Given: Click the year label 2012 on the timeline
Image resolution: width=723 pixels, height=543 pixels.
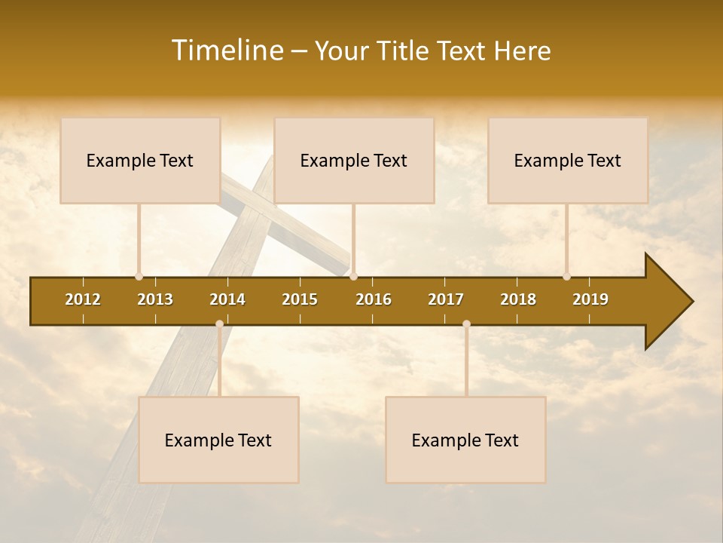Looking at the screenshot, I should pyautogui.click(x=83, y=299).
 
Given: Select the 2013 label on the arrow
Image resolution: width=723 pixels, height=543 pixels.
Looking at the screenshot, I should pyautogui.click(x=155, y=299).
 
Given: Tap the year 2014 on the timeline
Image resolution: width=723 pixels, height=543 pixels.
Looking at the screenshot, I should pyautogui.click(x=227, y=299).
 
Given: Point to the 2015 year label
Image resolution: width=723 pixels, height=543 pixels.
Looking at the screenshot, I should pyautogui.click(x=300, y=299).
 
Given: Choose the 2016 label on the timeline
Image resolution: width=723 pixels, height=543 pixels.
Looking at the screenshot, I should pyautogui.click(x=374, y=299).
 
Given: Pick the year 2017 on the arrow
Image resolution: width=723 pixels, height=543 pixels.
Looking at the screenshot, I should pyautogui.click(x=446, y=299).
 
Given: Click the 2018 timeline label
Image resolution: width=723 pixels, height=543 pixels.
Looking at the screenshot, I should pyautogui.click(x=518, y=299).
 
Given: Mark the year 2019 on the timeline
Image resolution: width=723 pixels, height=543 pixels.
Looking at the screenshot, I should pyautogui.click(x=590, y=299).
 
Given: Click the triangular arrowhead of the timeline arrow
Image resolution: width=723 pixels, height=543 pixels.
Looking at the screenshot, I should pyautogui.click(x=667, y=302).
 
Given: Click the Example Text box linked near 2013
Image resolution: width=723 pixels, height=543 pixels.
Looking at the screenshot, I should pyautogui.click(x=140, y=161).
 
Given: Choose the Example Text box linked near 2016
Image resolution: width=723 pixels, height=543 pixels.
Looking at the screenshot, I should pyautogui.click(x=354, y=161).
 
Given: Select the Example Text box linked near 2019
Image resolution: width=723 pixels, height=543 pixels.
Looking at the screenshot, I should pyautogui.click(x=568, y=161).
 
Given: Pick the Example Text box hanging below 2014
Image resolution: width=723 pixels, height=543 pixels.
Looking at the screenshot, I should pyautogui.click(x=218, y=440).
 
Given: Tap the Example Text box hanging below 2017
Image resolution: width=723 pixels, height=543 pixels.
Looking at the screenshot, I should pyautogui.click(x=465, y=440).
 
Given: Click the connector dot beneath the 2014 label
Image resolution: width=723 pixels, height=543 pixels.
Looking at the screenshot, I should pyautogui.click(x=219, y=324).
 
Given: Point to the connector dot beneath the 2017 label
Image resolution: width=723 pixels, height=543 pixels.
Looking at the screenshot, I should pyautogui.click(x=466, y=324).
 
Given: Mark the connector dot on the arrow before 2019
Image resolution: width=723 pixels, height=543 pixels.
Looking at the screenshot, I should pyautogui.click(x=566, y=277).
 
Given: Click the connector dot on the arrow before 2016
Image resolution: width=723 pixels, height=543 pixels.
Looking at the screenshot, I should pyautogui.click(x=354, y=277).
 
